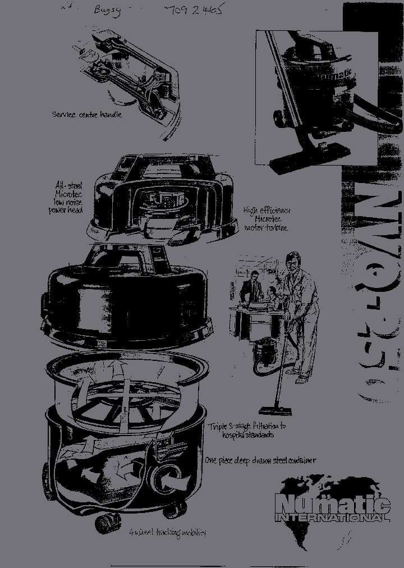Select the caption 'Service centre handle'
coord(86,114)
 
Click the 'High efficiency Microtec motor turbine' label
coord(267,219)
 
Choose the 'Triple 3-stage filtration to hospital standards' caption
coord(247,430)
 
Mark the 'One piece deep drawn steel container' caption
coord(260,461)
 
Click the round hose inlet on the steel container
coord(167,480)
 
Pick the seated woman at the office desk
coord(272,295)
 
